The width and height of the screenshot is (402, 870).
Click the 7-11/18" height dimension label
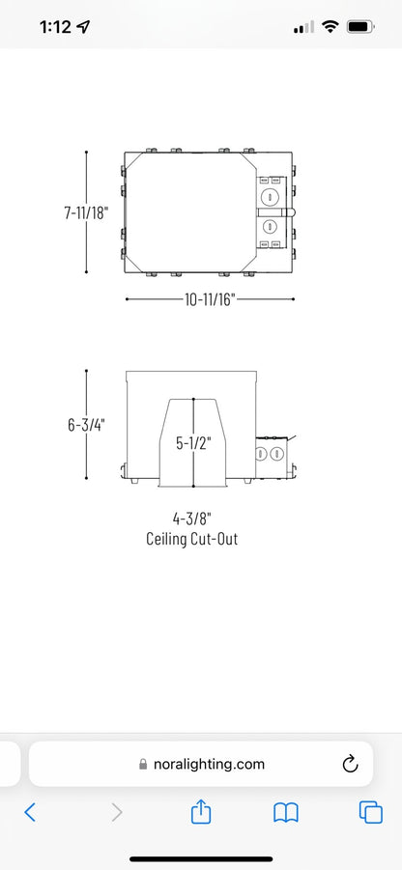pyautogui.click(x=85, y=212)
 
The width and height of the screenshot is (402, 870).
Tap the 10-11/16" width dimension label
pyautogui.click(x=211, y=299)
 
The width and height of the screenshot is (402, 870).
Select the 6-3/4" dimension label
pyautogui.click(x=86, y=425)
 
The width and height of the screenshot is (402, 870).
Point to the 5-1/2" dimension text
pyautogui.click(x=194, y=443)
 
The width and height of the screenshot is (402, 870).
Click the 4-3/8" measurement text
pyautogui.click(x=192, y=519)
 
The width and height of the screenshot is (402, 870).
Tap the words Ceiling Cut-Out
pyautogui.click(x=192, y=539)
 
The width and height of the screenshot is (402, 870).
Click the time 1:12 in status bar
pyautogui.click(x=56, y=27)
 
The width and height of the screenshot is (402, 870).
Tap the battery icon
pyautogui.click(x=360, y=26)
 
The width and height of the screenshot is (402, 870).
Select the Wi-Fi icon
pyautogui.click(x=330, y=26)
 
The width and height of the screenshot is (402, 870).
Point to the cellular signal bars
pyautogui.click(x=303, y=27)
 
